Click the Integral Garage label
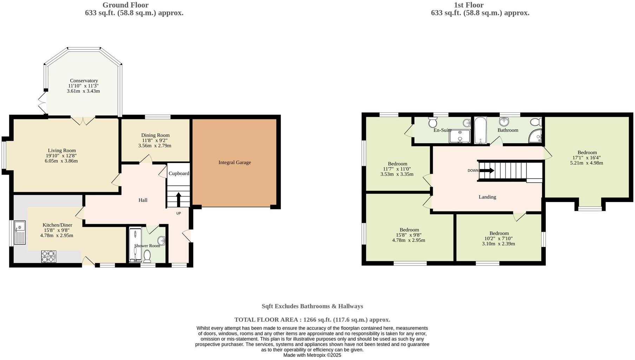point(235,162)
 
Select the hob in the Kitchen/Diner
point(49,256)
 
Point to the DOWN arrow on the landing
point(486,171)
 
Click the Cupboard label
point(179,174)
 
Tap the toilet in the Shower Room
point(147,257)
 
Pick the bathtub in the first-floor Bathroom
point(480,131)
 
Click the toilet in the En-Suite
point(433,123)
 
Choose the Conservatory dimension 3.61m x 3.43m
point(83,91)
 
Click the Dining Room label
point(155,135)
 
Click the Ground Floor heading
point(125,5)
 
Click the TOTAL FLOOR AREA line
point(312,320)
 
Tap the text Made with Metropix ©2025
point(312,355)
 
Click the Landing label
point(487,197)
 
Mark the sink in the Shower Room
point(161,241)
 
